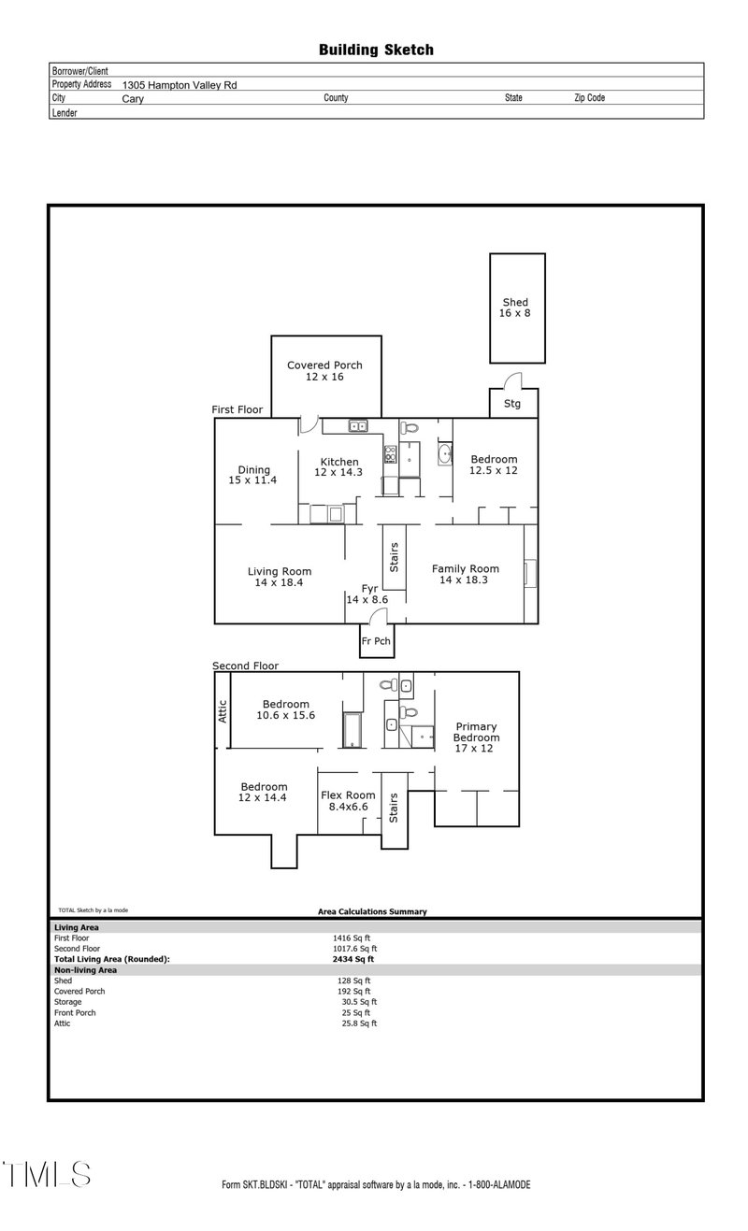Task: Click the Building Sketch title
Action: (376, 50)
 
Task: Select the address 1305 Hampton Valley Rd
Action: (180, 84)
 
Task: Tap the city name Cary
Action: (133, 98)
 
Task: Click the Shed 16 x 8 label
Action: (516, 308)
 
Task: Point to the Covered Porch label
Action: (324, 370)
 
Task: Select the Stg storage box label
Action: (512, 404)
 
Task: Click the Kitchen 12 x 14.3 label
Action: (339, 467)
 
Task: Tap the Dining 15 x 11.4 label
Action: (253, 475)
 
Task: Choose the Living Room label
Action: (279, 577)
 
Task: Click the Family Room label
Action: (465, 573)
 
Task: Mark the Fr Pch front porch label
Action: (375, 641)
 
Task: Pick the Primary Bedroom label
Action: (475, 737)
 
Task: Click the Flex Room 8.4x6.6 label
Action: (348, 800)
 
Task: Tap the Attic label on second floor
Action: (223, 712)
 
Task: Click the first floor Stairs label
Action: (394, 557)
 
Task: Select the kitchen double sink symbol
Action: (358, 426)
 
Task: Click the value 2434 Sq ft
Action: (352, 959)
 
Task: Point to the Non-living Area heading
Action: (85, 970)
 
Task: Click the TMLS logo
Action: (47, 1174)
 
